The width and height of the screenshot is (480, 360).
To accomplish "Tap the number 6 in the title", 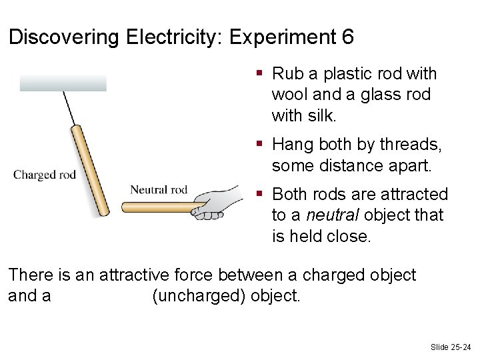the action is (x=347, y=37).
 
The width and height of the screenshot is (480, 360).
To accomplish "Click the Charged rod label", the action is (x=45, y=175).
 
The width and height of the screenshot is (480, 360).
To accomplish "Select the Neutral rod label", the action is (x=159, y=190).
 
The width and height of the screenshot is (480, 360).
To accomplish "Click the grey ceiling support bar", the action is (x=63, y=83).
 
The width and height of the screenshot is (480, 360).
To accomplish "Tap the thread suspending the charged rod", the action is (x=69, y=107).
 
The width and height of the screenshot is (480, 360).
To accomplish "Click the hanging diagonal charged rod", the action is (x=90, y=170).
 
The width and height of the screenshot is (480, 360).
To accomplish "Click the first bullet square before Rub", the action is (x=260, y=73).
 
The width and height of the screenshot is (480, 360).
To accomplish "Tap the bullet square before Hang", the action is (x=260, y=144).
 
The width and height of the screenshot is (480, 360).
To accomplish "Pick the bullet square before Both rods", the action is (x=260, y=194).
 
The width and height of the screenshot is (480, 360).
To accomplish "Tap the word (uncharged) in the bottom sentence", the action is (x=199, y=295).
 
